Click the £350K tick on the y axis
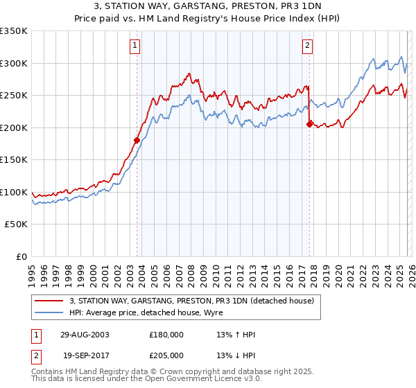[14, 31]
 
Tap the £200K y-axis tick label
[14, 127]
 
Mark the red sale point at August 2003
[137, 140]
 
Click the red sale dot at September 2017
[309, 124]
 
